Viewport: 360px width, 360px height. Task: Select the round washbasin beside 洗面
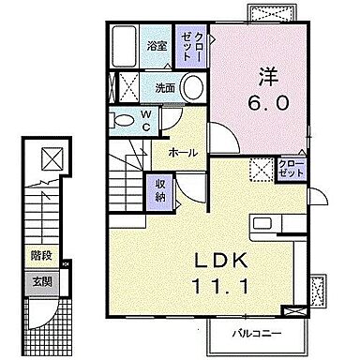192,88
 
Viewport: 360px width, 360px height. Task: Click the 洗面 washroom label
164,88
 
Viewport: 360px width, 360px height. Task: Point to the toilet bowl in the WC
123,119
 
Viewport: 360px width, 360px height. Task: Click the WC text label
146,118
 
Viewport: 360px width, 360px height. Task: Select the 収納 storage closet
160,189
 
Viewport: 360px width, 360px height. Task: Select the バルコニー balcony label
267,333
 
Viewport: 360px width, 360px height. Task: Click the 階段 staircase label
39,254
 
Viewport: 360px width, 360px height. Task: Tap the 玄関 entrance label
39,279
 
